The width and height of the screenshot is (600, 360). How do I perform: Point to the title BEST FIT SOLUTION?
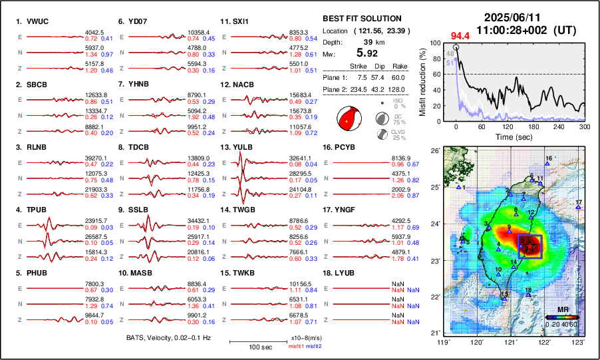(x=362, y=19)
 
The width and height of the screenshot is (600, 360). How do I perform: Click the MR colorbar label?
(x=562, y=310)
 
